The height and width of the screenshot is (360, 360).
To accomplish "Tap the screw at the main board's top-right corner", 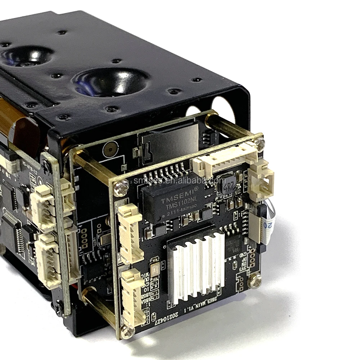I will (259, 144).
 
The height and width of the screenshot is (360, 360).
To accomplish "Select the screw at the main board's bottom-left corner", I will (127, 332).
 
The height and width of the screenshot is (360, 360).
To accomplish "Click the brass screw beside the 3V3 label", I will (255, 280).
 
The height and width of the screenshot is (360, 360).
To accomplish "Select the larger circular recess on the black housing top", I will (111, 82).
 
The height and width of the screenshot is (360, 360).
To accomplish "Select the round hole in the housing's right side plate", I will (223, 108).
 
